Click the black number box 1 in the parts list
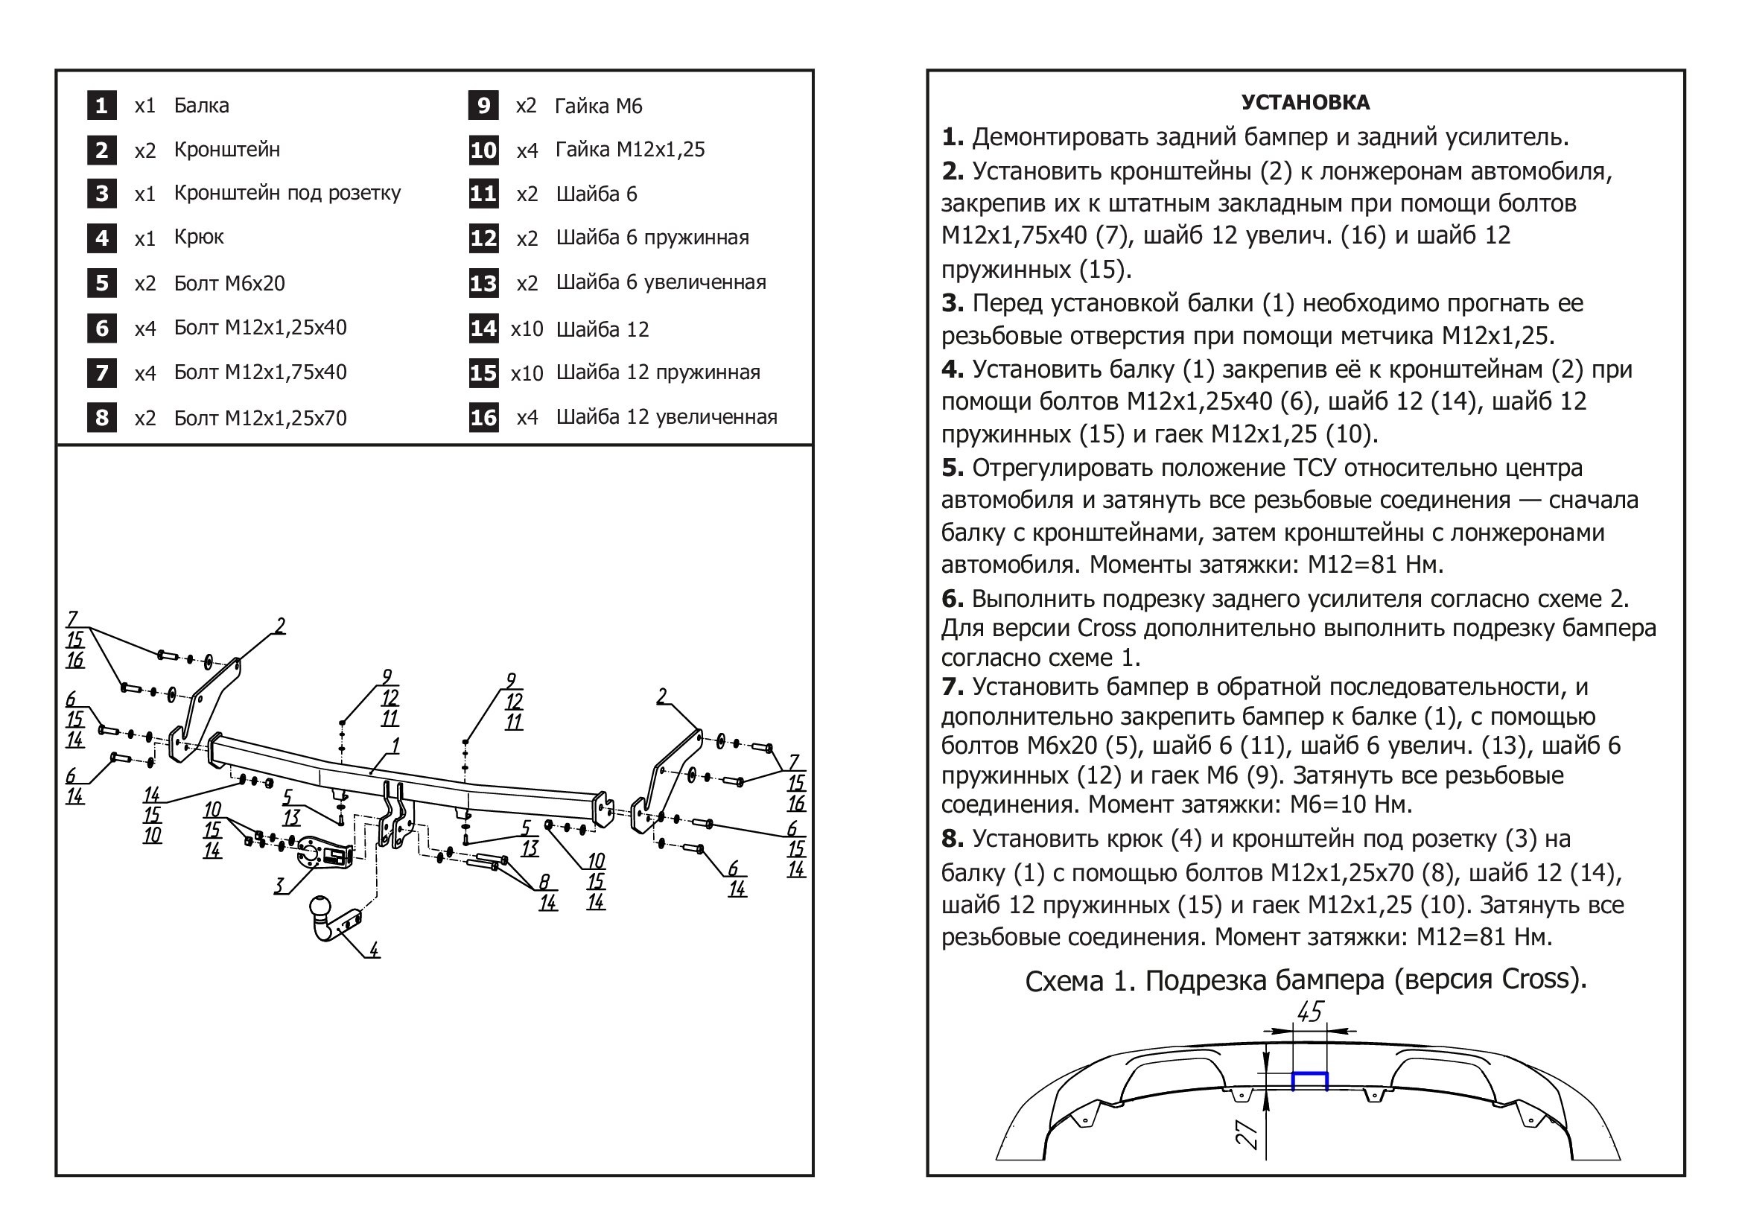102,106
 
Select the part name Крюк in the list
199,237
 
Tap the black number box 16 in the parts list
483,417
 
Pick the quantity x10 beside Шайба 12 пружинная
527,373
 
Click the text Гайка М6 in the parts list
598,106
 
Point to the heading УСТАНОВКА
1305,102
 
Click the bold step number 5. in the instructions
953,468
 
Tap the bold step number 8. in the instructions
953,839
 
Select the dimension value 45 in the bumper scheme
1310,1012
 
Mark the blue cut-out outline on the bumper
1309,1080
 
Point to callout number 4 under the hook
373,949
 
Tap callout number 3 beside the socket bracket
279,886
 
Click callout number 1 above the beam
395,746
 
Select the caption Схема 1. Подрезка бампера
1305,980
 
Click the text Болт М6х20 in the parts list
229,284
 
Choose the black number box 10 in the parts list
483,150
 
